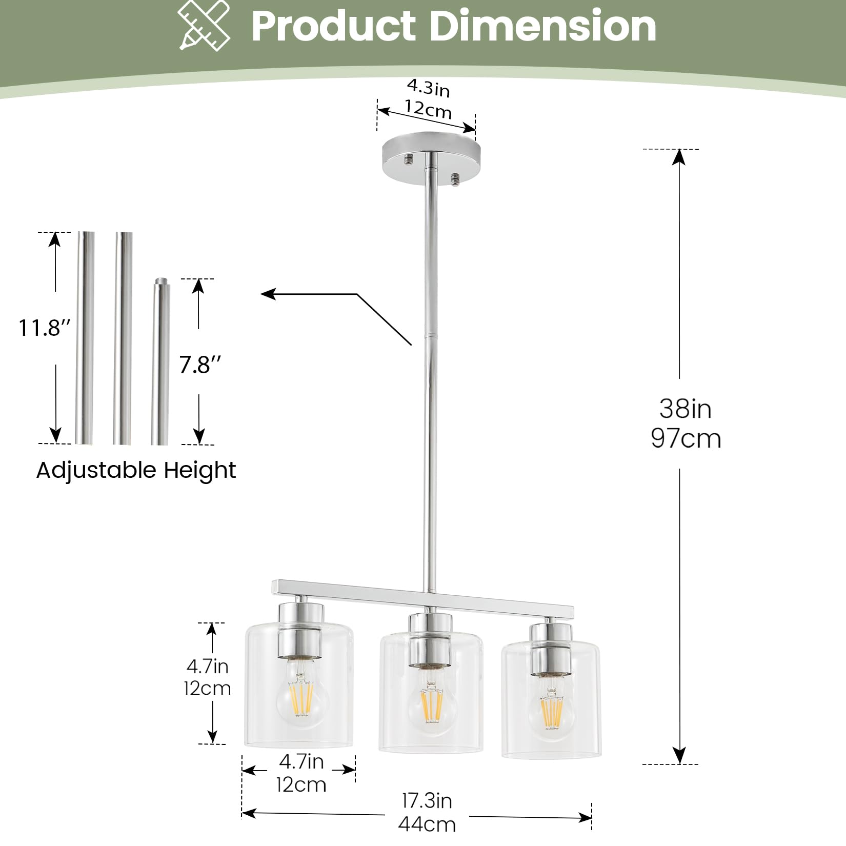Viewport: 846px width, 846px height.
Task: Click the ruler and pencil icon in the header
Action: pyautogui.click(x=204, y=26)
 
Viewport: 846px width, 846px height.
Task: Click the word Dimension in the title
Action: pyautogui.click(x=542, y=26)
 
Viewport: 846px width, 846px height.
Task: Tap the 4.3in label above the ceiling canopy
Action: pyautogui.click(x=429, y=88)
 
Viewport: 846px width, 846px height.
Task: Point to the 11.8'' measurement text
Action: pyautogui.click(x=44, y=328)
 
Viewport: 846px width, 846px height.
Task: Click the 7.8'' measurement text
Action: pyautogui.click(x=200, y=365)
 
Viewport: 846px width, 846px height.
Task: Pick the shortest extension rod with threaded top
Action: pyautogui.click(x=159, y=361)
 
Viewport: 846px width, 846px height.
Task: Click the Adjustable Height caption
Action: pyautogui.click(x=136, y=470)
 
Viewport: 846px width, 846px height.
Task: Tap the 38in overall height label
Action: pyautogui.click(x=686, y=409)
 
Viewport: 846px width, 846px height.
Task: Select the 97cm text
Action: pyautogui.click(x=686, y=439)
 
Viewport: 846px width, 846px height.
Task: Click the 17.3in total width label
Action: pyautogui.click(x=427, y=801)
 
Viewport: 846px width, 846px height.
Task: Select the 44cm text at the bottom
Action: pyautogui.click(x=427, y=824)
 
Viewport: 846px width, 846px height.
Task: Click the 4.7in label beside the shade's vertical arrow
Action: pyautogui.click(x=207, y=666)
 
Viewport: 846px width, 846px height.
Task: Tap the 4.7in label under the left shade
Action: pyautogui.click(x=301, y=762)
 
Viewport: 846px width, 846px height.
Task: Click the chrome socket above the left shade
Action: pyautogui.click(x=301, y=631)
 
